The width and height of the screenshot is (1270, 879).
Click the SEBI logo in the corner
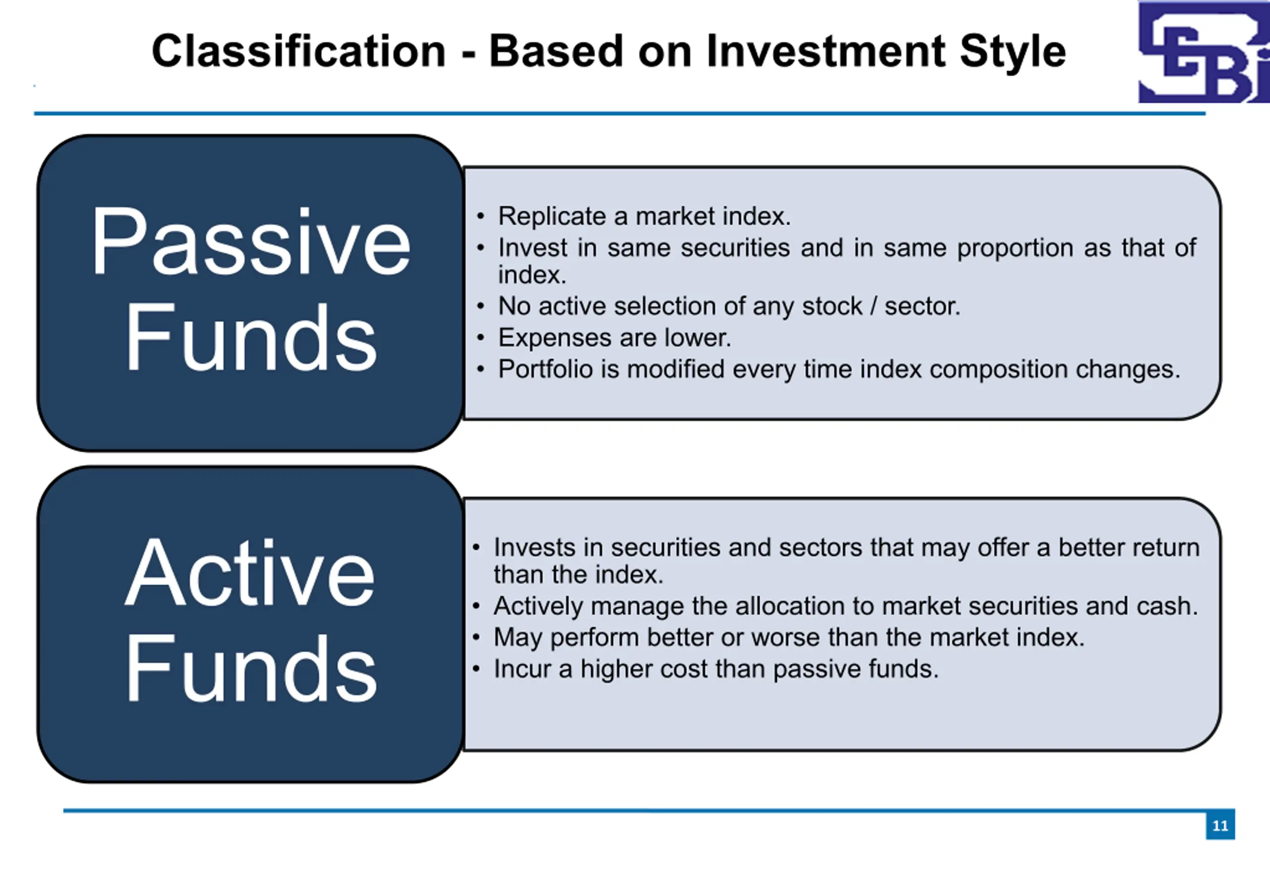tap(1204, 52)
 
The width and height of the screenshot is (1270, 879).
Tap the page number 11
tap(1220, 825)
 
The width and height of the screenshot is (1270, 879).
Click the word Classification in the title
tap(299, 51)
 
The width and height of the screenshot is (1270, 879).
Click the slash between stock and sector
tap(874, 306)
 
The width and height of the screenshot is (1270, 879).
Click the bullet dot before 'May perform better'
tap(476, 638)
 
